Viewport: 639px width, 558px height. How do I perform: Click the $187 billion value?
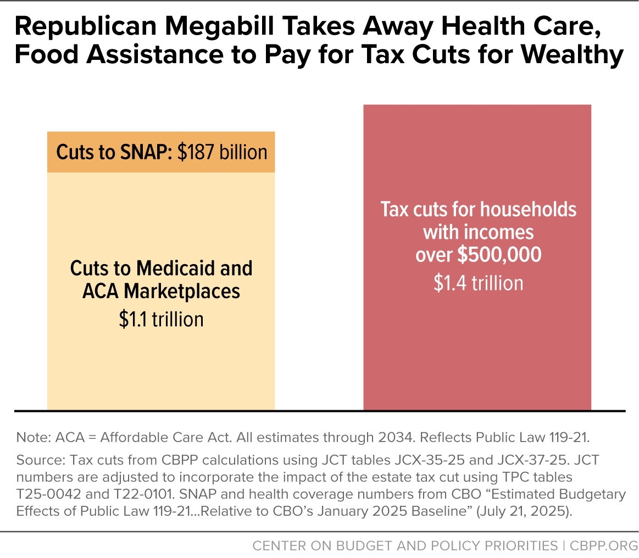point(223,152)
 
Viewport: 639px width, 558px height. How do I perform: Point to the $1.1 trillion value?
point(161,319)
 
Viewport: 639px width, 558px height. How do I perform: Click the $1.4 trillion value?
point(477,283)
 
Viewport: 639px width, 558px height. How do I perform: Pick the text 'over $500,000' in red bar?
point(477,255)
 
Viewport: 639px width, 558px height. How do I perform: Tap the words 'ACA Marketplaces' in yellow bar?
point(161,291)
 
